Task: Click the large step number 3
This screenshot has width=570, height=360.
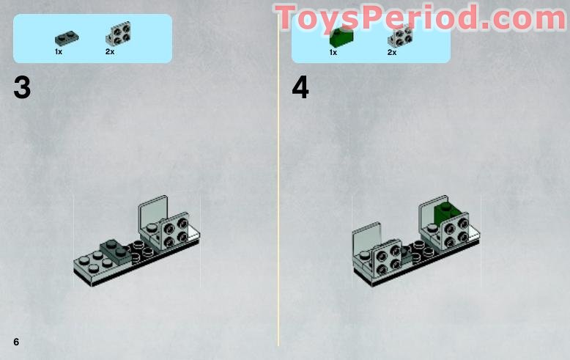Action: [22, 88]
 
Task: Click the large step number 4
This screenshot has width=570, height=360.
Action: [300, 88]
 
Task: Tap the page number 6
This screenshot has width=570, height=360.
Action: [16, 342]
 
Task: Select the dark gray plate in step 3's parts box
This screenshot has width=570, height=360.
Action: [67, 38]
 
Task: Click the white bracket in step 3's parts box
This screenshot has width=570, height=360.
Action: [119, 34]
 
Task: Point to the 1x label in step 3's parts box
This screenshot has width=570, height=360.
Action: [59, 51]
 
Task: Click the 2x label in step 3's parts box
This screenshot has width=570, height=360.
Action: [110, 51]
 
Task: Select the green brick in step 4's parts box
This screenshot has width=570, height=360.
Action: [341, 37]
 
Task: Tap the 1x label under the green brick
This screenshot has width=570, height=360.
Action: [333, 52]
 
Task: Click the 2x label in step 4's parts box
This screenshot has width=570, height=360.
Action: [392, 52]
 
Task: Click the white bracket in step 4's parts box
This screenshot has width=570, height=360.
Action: [400, 36]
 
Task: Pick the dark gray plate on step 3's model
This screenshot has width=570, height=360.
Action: [116, 251]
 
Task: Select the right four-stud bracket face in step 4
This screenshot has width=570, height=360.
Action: [454, 231]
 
